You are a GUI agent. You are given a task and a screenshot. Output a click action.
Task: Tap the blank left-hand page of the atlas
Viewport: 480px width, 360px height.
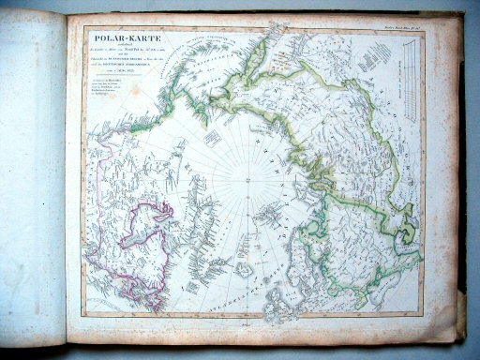(x=33, y=178)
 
